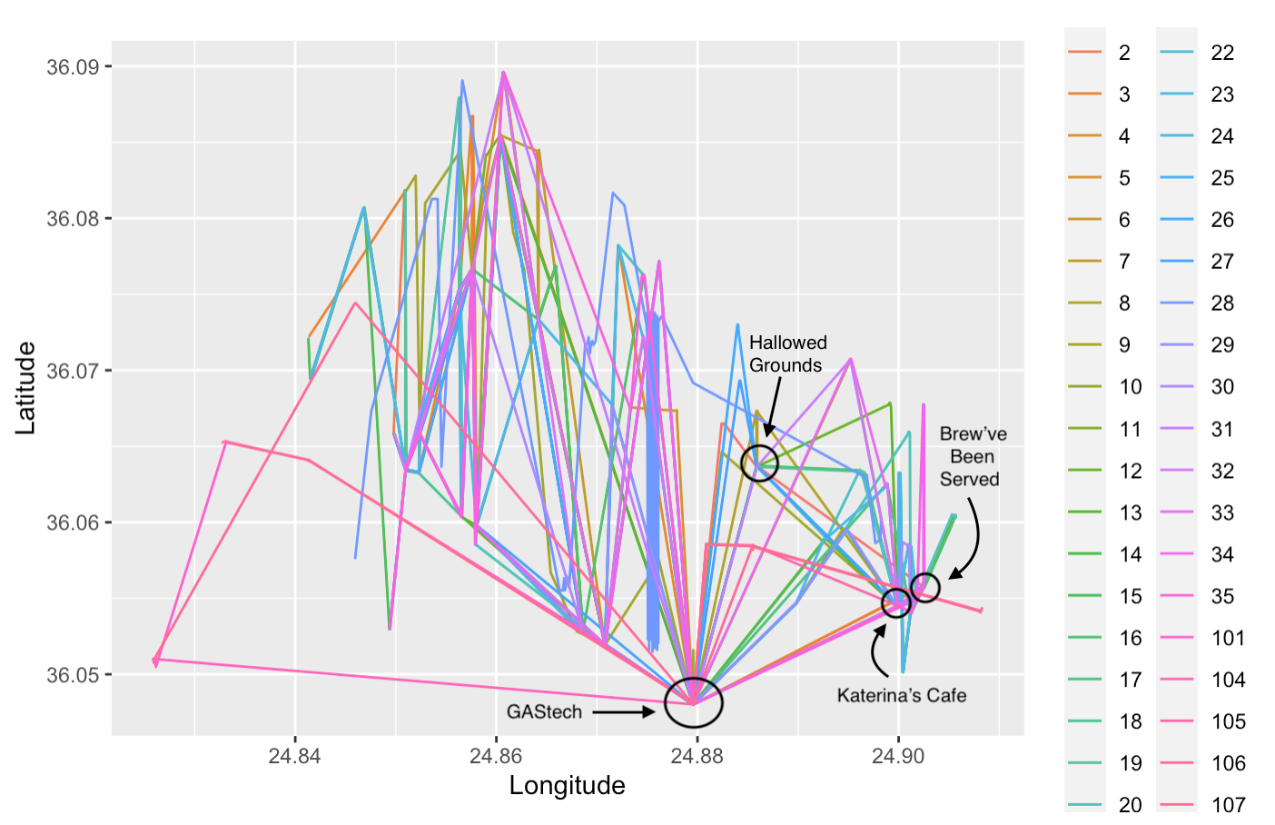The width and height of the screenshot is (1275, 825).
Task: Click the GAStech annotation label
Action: point(544,711)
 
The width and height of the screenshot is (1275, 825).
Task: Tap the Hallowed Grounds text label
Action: point(787,353)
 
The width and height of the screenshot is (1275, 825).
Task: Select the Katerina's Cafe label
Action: point(901,695)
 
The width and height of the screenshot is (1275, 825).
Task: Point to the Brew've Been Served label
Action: point(972,456)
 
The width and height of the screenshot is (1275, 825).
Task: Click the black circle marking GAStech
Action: point(693,702)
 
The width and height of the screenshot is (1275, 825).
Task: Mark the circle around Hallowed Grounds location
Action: point(759,463)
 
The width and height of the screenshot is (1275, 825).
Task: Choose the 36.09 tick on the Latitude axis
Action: point(74,66)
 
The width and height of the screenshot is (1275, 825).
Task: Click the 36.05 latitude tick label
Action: point(74,674)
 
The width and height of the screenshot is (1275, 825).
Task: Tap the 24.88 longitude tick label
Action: point(697,756)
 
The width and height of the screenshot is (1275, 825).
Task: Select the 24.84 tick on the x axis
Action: point(294,756)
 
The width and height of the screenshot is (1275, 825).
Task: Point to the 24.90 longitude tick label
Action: point(898,756)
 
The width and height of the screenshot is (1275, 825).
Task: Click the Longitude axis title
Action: point(567,786)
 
